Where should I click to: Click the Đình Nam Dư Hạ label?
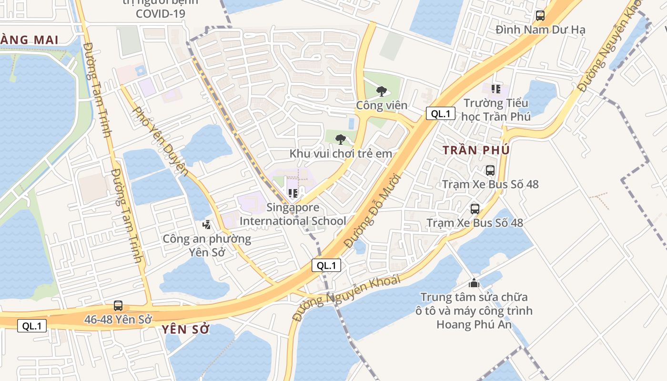point(540,30)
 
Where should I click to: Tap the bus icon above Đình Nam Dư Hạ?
point(540,16)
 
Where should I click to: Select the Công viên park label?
point(382,105)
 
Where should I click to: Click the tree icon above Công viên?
point(381,91)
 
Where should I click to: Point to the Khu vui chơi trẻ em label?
point(341,153)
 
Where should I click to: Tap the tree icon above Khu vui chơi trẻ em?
point(340,140)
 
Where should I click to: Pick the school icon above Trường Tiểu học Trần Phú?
point(496,89)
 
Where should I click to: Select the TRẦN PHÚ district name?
point(476,150)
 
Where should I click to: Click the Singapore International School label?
point(293,214)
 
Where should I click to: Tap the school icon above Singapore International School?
point(293,193)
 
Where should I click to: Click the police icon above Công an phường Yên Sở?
point(207,224)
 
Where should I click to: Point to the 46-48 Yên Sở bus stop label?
point(118,320)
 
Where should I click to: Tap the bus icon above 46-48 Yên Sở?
point(118,306)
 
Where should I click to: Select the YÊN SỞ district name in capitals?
point(185,329)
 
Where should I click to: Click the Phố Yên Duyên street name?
point(160,140)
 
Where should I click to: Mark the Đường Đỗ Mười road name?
point(373,210)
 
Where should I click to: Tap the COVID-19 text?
point(160,13)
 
